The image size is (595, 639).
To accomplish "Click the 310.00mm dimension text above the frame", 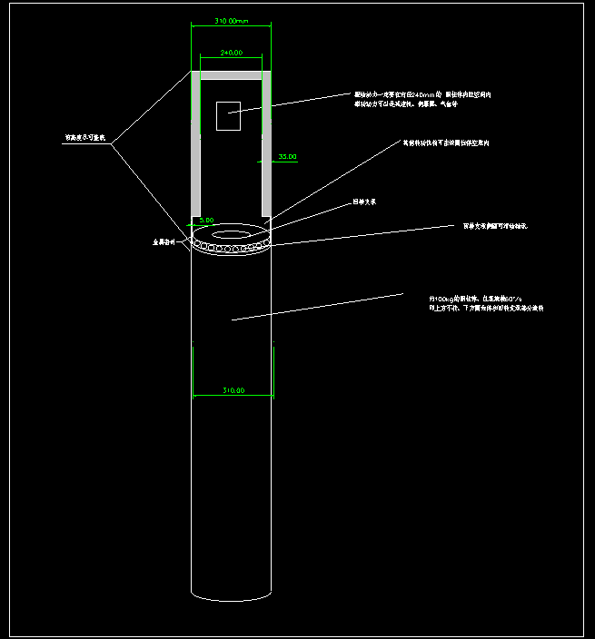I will click(x=232, y=19).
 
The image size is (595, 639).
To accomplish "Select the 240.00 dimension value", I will click(x=232, y=53).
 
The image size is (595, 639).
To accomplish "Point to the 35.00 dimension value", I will click(x=287, y=157).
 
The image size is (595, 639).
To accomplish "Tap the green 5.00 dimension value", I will click(x=206, y=220).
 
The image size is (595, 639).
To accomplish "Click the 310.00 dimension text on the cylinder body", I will click(x=233, y=390).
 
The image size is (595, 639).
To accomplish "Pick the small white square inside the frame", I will click(x=228, y=115).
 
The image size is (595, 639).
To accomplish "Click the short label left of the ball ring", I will click(x=161, y=243).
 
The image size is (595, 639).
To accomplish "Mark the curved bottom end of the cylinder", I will click(x=232, y=598).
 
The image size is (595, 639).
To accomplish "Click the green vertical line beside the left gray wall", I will click(x=191, y=100).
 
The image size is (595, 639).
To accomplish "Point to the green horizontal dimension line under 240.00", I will click(x=232, y=61).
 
